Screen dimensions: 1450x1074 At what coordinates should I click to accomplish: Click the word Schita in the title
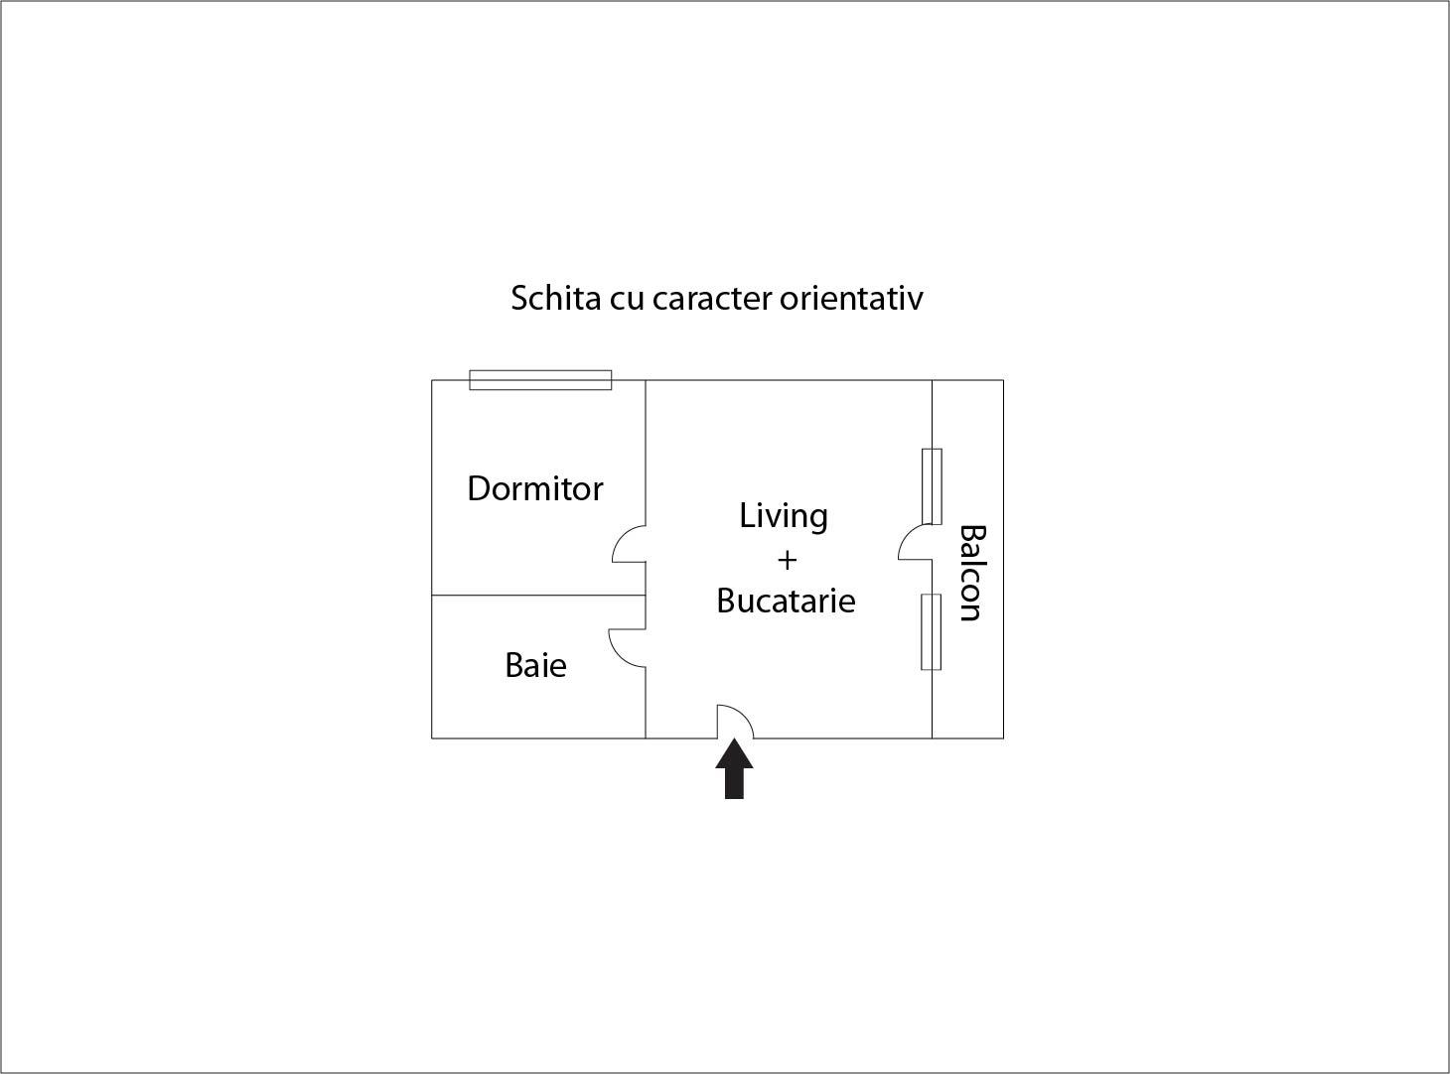556,298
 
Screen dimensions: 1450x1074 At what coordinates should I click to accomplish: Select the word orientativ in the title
851,298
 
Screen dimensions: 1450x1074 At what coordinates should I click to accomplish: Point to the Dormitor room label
534,488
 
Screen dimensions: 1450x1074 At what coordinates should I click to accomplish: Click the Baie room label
535,665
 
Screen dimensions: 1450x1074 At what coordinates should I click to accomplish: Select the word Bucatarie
786,601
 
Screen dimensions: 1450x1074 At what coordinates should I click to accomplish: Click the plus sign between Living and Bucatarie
788,560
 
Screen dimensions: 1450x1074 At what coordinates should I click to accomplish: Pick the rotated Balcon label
971,573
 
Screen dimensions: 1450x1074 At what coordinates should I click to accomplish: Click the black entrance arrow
734,768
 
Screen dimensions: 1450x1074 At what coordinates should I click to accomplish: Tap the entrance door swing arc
743,713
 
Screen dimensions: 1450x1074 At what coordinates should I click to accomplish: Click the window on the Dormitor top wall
540,380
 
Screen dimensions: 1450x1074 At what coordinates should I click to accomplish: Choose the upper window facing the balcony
932,486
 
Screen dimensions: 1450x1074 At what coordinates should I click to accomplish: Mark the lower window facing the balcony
931,632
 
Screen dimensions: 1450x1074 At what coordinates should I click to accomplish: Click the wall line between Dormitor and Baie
538,596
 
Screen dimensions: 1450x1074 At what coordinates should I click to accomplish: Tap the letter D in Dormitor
479,488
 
